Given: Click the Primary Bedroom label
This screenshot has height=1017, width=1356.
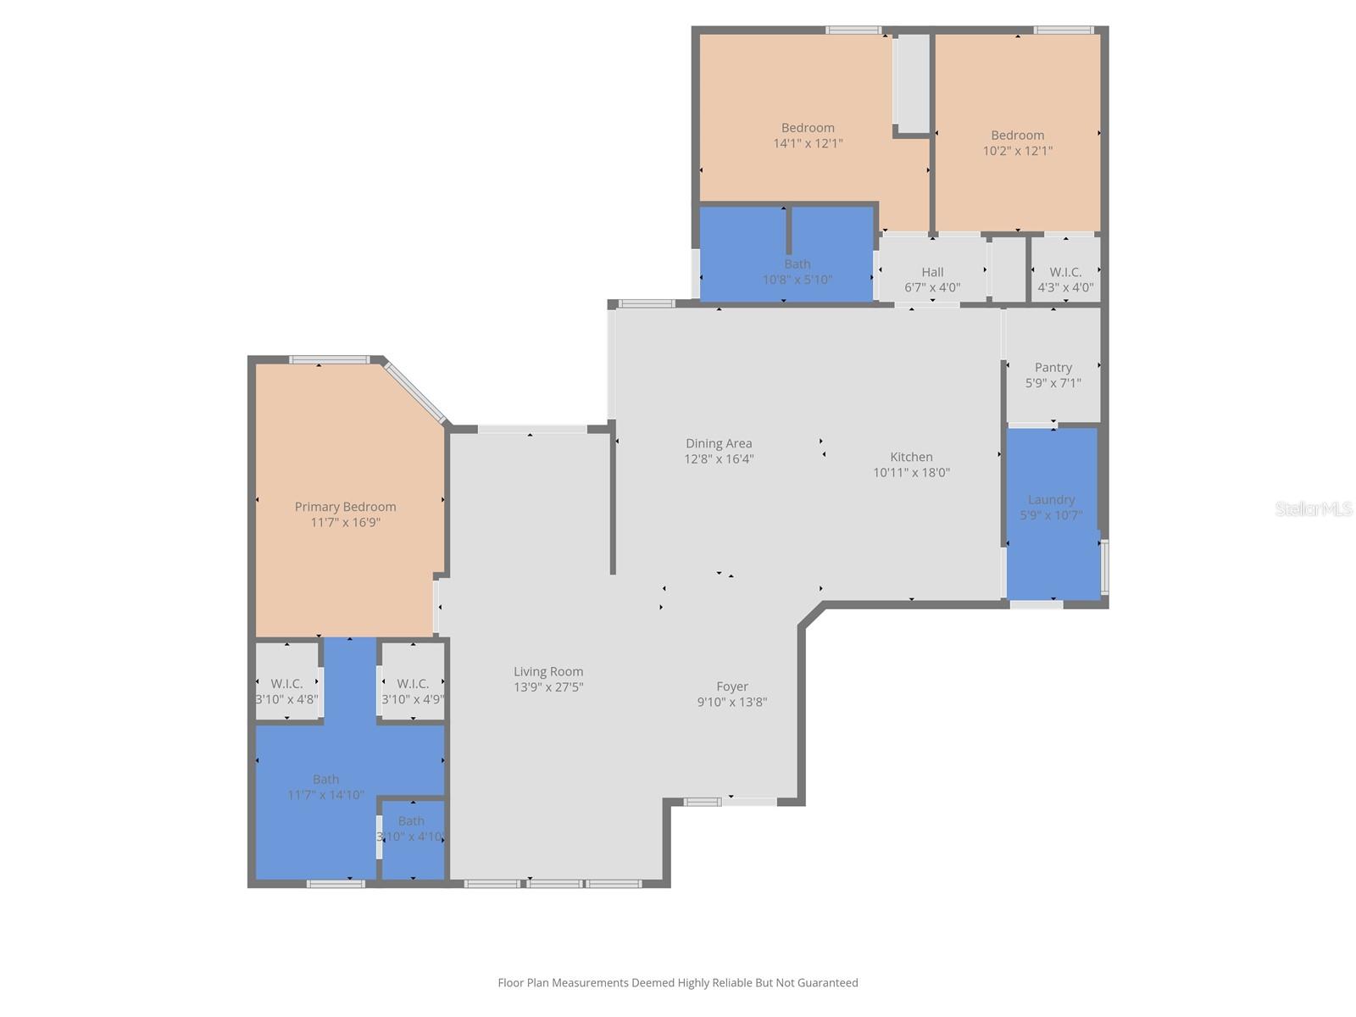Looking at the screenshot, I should [345, 507].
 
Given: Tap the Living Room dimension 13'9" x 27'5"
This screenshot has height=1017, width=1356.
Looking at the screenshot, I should [548, 687].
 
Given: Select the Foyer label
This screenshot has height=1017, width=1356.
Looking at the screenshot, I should [732, 686].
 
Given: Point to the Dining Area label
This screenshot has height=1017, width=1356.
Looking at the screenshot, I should [719, 443].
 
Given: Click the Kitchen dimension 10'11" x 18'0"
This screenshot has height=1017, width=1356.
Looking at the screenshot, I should [911, 473].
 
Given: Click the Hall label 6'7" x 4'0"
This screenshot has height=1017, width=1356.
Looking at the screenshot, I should [932, 280].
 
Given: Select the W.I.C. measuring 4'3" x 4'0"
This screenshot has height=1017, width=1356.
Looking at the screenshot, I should [1065, 279].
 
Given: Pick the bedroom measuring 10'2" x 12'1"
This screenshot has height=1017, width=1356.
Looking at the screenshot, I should [1017, 142].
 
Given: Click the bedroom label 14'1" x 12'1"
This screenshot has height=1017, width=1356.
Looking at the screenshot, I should [808, 136].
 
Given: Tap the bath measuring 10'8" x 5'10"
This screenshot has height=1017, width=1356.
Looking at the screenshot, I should [797, 271].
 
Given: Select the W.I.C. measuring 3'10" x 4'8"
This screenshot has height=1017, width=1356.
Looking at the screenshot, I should [286, 691].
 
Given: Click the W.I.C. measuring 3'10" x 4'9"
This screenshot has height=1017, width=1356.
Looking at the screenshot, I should [413, 691].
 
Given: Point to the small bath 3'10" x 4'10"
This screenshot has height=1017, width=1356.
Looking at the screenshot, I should [411, 829].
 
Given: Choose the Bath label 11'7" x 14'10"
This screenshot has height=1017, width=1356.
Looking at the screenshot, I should [325, 786].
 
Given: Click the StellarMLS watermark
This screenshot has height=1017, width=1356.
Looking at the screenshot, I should [1313, 508].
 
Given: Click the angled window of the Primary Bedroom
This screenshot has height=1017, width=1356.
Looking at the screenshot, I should [414, 392].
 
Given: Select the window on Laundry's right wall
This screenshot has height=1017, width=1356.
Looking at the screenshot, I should [1104, 566].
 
